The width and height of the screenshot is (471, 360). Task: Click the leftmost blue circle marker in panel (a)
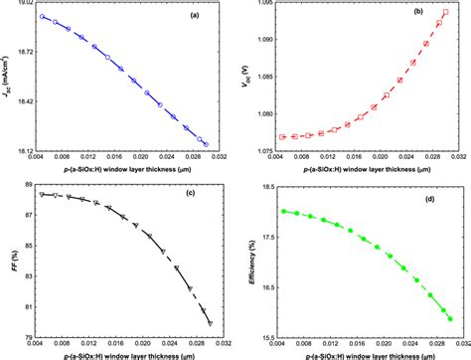tap(42, 17)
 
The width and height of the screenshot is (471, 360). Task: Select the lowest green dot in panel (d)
tap(450, 318)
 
